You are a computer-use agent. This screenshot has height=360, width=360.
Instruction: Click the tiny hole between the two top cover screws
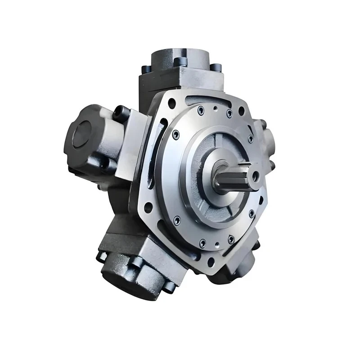pyautogui.click(x=216, y=108)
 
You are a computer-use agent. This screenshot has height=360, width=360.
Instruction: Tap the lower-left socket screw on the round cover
pyautogui.click(x=177, y=220)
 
